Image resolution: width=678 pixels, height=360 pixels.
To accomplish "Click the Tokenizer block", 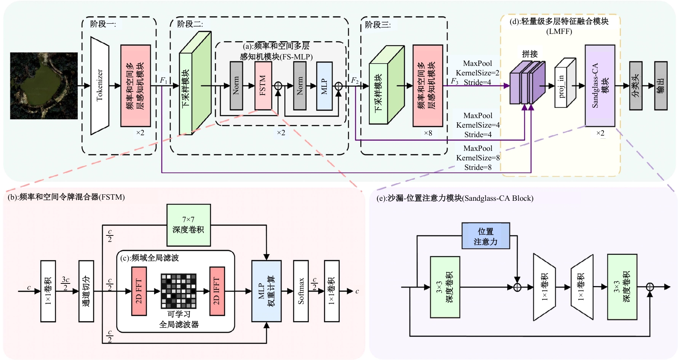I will click(x=99, y=86).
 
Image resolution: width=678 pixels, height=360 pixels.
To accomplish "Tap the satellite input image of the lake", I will click(x=44, y=86).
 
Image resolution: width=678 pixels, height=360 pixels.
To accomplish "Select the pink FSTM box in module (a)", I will click(x=263, y=86).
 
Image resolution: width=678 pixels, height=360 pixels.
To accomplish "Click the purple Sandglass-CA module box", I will click(x=600, y=86).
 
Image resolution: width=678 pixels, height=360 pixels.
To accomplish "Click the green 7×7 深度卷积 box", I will click(x=189, y=225).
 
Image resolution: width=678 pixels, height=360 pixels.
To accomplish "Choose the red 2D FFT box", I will click(x=139, y=291).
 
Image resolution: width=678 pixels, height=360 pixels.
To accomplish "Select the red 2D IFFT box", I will click(x=217, y=291).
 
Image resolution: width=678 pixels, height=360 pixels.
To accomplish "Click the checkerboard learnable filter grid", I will click(x=178, y=291).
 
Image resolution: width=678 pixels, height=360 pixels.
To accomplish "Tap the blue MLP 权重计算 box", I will click(x=266, y=291).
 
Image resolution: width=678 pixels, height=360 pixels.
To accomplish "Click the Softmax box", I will click(x=301, y=291).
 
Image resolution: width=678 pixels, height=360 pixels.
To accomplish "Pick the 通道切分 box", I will click(x=86, y=291).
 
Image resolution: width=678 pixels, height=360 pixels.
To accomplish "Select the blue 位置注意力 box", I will click(x=486, y=236).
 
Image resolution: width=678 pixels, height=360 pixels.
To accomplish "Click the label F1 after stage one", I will click(x=163, y=80).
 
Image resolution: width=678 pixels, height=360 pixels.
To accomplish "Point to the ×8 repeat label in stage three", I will click(x=428, y=133).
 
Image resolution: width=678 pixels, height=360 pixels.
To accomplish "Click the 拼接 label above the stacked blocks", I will click(x=529, y=54).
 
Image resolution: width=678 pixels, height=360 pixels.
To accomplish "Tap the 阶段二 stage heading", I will click(x=189, y=24).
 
